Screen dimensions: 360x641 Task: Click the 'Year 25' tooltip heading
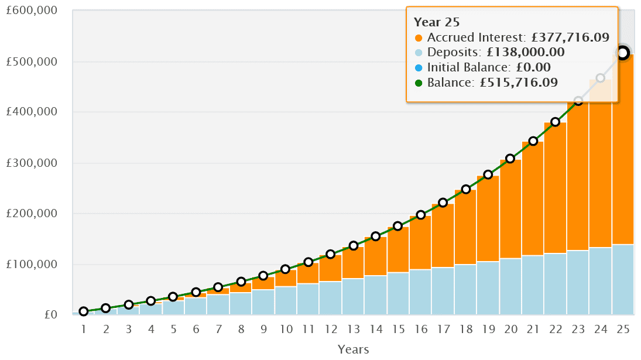click(436, 22)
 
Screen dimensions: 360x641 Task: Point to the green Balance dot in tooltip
click(418, 83)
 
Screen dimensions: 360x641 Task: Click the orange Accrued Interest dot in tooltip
click(418, 38)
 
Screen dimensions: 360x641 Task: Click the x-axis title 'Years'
click(353, 349)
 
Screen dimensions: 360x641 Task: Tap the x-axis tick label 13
click(353, 330)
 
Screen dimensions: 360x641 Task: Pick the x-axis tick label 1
click(84, 330)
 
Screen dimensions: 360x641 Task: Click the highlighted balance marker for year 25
click(623, 53)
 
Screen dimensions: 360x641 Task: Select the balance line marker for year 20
click(510, 159)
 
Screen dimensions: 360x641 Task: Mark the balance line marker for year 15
click(398, 226)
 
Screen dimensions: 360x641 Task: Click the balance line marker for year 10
click(285, 269)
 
